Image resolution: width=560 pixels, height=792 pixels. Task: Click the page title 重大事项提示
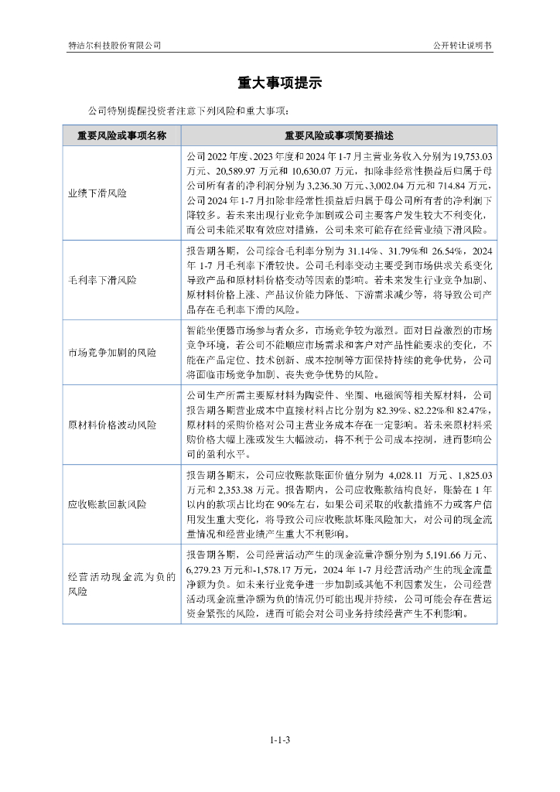click(x=279, y=84)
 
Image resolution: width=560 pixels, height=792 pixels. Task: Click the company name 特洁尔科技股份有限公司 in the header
click(x=114, y=46)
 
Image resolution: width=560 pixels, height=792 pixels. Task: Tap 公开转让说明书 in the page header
click(x=463, y=46)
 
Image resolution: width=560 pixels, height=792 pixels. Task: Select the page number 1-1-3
click(x=280, y=740)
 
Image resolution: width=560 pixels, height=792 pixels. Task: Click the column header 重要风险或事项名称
click(x=121, y=135)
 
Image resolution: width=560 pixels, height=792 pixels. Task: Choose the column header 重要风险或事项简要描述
click(x=339, y=135)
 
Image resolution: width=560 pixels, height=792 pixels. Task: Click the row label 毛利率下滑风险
click(x=102, y=280)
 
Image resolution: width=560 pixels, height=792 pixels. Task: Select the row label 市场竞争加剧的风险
click(x=112, y=353)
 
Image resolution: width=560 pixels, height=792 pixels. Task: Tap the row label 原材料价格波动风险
click(x=112, y=425)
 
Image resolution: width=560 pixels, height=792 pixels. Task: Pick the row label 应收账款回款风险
click(x=107, y=504)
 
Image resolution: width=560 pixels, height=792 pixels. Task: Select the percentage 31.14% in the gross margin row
click(x=364, y=251)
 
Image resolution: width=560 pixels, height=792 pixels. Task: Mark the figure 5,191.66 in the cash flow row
click(x=445, y=555)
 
